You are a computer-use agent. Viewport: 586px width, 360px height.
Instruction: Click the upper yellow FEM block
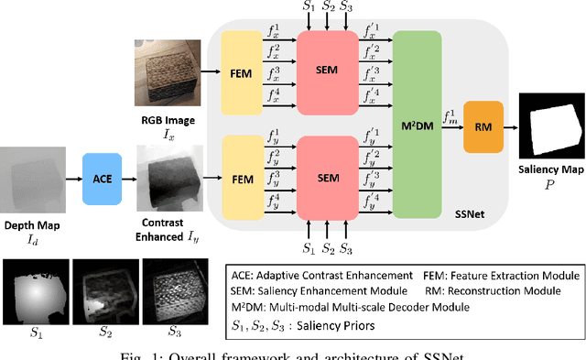[246, 73]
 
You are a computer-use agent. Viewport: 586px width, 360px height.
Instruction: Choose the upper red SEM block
[328, 73]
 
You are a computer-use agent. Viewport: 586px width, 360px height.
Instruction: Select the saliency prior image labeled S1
[36, 283]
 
